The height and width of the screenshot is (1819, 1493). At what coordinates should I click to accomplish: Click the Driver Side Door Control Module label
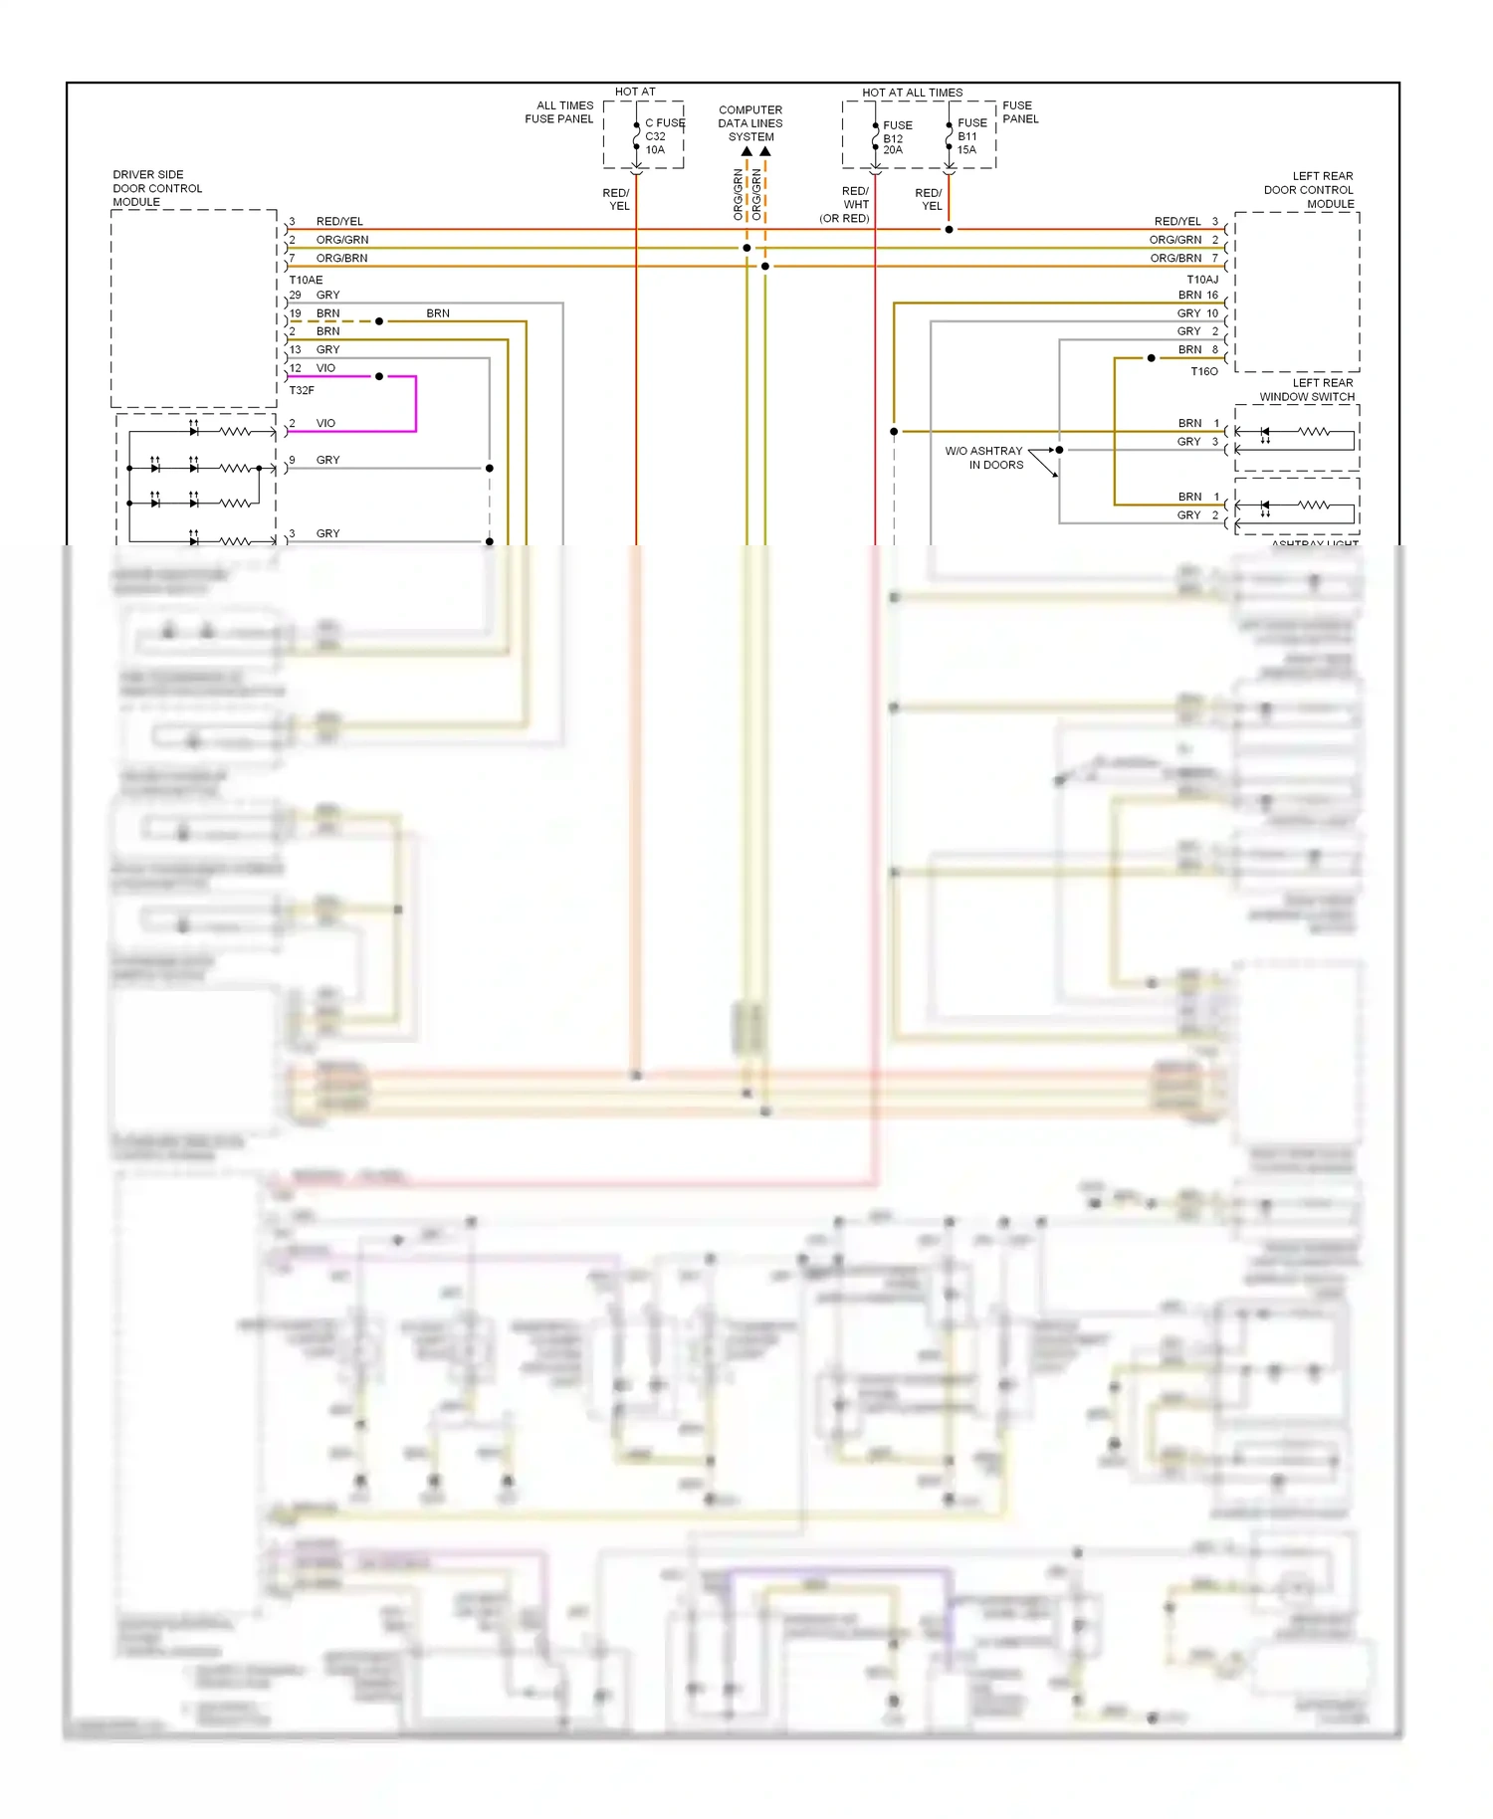click(x=156, y=188)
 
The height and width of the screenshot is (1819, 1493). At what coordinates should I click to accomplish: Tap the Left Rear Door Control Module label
click(x=1309, y=189)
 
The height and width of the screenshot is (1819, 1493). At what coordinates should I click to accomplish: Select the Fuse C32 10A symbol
click(x=637, y=136)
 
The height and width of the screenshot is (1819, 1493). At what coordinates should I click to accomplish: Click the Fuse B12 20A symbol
click(x=875, y=137)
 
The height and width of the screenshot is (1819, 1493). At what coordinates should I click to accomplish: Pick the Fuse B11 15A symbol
click(x=950, y=136)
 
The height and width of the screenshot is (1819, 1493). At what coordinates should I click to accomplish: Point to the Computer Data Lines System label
click(x=750, y=123)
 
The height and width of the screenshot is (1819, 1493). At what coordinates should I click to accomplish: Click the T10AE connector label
click(x=306, y=280)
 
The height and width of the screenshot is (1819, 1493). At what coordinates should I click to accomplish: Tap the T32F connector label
click(x=302, y=390)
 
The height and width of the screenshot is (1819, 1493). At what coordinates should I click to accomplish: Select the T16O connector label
click(x=1203, y=371)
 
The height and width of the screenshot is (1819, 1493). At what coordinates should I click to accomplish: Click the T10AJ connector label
click(x=1201, y=280)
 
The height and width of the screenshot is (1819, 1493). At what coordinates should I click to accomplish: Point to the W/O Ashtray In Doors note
click(x=984, y=458)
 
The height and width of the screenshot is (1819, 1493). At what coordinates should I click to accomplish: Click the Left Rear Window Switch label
click(x=1307, y=390)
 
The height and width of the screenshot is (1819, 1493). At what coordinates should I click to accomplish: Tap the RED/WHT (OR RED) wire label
click(x=847, y=205)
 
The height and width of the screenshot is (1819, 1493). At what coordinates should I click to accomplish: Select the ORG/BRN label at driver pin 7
click(x=341, y=258)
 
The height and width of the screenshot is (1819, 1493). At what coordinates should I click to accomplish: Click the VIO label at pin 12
click(x=325, y=368)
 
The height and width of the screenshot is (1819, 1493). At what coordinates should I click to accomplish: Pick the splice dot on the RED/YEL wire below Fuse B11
click(x=949, y=230)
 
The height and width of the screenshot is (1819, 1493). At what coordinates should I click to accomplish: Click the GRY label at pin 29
click(x=327, y=295)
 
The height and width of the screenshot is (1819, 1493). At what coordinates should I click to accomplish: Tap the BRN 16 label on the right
click(x=1197, y=295)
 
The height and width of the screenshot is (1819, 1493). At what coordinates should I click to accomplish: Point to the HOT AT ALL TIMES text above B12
click(x=912, y=93)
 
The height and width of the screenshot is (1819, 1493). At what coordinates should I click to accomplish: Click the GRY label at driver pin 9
click(x=327, y=460)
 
